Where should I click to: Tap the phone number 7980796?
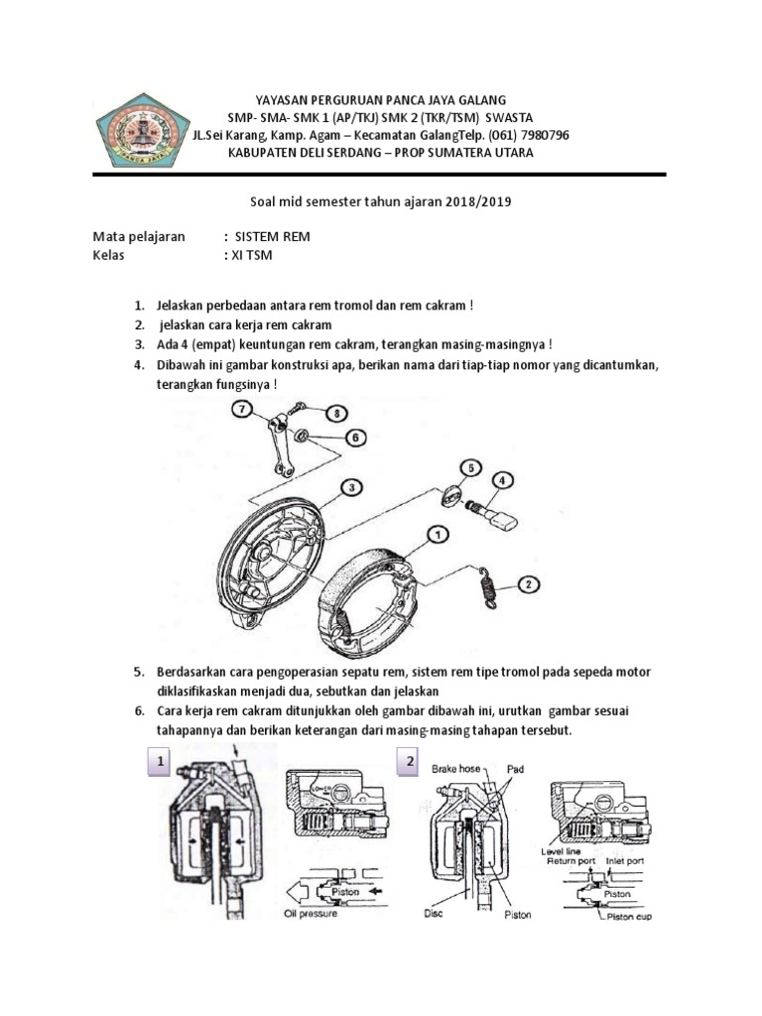[542, 135]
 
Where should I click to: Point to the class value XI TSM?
[251, 255]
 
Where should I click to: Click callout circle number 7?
[241, 409]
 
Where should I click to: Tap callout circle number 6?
[352, 437]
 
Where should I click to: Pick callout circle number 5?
[469, 466]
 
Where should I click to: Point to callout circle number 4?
[503, 480]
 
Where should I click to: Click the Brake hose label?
[461, 768]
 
